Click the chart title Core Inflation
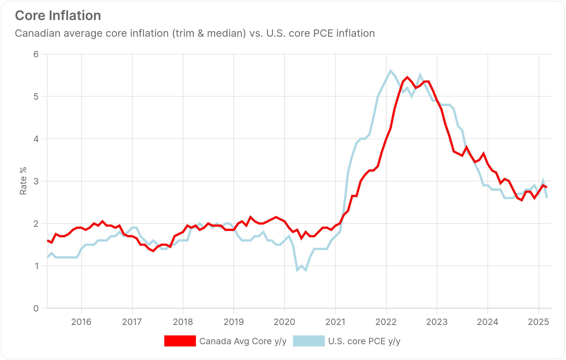pos(58,16)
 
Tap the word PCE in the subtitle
pos(325,33)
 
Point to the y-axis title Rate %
pos(23,181)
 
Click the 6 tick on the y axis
pos(36,54)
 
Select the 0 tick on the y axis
pos(36,308)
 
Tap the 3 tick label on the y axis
pos(36,181)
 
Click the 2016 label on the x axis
pos(81,322)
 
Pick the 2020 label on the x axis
pos(284,322)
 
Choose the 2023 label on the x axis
pos(437,322)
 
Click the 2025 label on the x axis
pos(538,322)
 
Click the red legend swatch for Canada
pos(180,341)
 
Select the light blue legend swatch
pos(309,341)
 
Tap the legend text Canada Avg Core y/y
pos(243,341)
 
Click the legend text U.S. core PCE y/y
pos(364,341)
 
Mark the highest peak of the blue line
pos(391,71)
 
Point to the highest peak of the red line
pos(408,77)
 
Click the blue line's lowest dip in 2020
pos(297,270)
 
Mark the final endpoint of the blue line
pos(547,198)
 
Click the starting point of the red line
pos(47,241)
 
